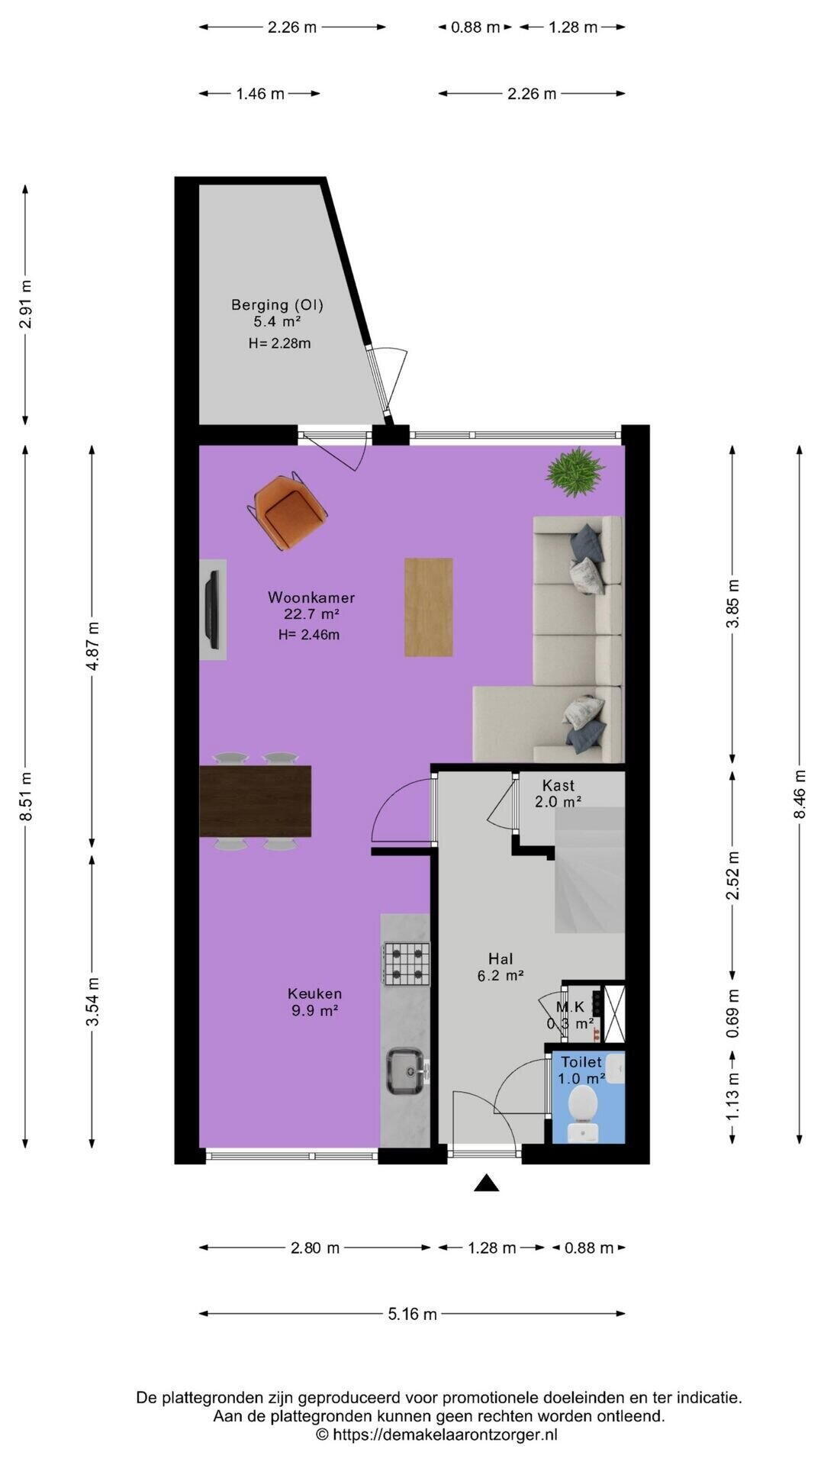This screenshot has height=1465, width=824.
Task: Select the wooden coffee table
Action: (428, 607)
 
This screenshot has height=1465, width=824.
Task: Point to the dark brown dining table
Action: (256, 801)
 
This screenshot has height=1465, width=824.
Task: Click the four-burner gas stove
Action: (407, 963)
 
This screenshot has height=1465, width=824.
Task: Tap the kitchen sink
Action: (407, 1071)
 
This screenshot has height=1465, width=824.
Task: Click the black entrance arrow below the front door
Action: (487, 1183)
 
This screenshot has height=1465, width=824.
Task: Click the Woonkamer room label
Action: (311, 597)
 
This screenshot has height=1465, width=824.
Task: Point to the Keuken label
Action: (314, 993)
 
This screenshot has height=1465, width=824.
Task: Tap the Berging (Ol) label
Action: (278, 305)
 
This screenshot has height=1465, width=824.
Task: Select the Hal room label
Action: (501, 958)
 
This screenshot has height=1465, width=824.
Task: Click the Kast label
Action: (558, 785)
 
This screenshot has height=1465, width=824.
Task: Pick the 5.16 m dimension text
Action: (413, 1314)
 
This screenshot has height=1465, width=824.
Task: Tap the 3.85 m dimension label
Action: (733, 604)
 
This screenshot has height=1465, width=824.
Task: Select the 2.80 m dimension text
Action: (315, 1248)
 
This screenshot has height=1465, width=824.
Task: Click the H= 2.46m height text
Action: (309, 634)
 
